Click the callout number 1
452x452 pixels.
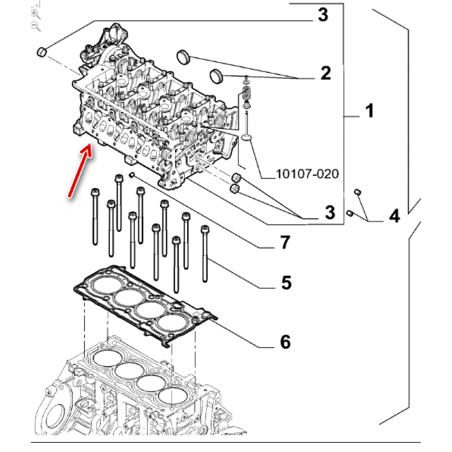[x=370, y=110]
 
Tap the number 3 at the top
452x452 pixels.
[x=322, y=16]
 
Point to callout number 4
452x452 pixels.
[x=394, y=216]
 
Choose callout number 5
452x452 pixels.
[x=286, y=283]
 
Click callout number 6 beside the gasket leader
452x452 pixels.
[x=285, y=342]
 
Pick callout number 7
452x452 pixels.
[x=284, y=243]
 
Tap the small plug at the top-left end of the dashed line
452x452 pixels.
[x=42, y=52]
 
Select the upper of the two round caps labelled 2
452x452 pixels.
[x=182, y=57]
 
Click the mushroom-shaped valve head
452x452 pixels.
[x=247, y=137]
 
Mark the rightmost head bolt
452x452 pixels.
[x=205, y=253]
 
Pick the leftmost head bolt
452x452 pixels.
[x=95, y=217]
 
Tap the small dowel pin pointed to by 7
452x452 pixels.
[x=132, y=174]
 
